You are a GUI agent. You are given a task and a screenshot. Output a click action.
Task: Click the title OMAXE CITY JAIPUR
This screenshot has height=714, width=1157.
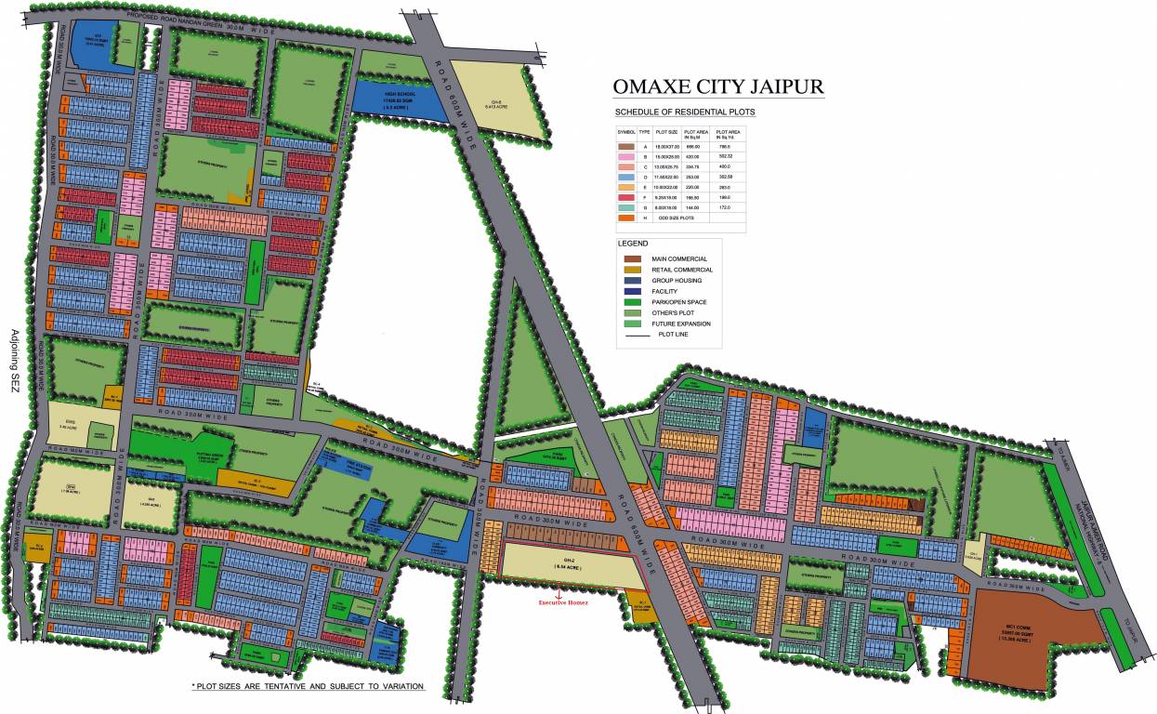click(717, 87)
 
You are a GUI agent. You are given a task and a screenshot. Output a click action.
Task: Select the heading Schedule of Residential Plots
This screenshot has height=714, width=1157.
click(686, 112)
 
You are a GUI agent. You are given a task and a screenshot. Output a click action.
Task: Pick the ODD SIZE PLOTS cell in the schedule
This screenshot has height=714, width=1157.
click(677, 218)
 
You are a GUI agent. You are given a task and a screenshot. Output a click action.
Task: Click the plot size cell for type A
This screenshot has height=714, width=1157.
click(667, 147)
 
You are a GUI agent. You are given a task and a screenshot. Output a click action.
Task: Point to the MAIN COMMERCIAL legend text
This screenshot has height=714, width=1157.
click(679, 258)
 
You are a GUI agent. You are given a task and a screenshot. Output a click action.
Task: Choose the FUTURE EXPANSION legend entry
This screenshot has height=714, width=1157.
click(681, 324)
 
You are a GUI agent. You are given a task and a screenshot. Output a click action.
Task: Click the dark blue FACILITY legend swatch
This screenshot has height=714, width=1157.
click(633, 291)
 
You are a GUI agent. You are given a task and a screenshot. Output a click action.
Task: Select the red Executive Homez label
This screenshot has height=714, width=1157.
click(565, 602)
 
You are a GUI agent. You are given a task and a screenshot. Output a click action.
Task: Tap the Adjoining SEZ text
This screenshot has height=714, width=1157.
click(15, 363)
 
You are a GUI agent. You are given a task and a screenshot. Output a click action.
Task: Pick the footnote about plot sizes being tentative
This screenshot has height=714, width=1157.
click(308, 686)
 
